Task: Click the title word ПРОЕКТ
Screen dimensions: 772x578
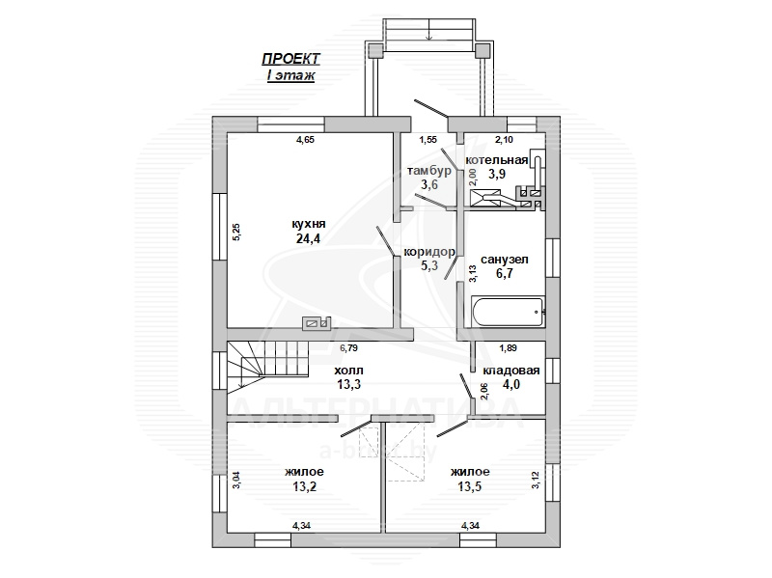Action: (290, 59)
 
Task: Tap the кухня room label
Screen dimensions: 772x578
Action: (308, 224)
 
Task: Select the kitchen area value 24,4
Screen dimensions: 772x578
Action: (308, 238)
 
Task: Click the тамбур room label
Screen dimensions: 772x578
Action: (428, 171)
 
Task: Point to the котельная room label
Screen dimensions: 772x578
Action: (497, 160)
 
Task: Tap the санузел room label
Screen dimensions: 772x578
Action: (504, 260)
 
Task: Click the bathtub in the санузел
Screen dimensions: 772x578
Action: (508, 311)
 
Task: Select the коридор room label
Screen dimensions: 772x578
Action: (429, 252)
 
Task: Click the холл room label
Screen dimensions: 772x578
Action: (349, 371)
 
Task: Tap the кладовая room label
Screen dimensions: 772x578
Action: (511, 371)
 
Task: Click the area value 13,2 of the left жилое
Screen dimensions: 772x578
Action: (304, 487)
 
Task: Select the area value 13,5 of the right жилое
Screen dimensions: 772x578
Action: (470, 487)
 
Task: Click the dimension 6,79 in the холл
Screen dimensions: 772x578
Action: (348, 348)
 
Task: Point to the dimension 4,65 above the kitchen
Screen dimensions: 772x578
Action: (305, 139)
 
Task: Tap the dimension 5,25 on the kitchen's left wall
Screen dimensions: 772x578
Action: (235, 232)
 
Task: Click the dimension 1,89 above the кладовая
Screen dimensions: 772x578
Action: (509, 348)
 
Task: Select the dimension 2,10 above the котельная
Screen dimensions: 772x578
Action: (504, 139)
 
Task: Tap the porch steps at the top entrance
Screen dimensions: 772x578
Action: (429, 30)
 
